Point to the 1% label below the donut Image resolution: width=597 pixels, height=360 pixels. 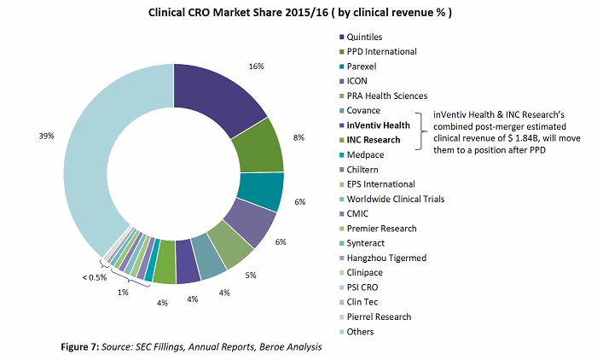(124, 293)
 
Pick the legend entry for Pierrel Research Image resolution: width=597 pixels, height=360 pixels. (380, 316)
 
